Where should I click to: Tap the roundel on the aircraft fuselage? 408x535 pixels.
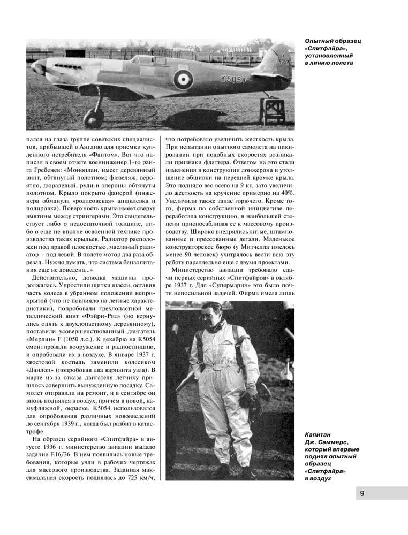pyautogui.click(x=183, y=80)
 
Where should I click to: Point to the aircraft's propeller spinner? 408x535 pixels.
pyautogui.click(x=38, y=67)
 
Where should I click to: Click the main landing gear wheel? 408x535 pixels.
pyautogui.click(x=93, y=118)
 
